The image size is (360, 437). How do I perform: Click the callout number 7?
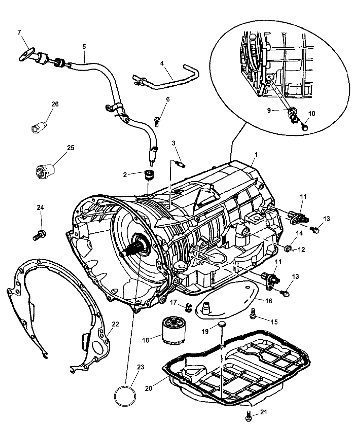19,32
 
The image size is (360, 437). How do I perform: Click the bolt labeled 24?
39,235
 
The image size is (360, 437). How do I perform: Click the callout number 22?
116,324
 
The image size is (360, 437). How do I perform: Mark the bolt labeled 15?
254,314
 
